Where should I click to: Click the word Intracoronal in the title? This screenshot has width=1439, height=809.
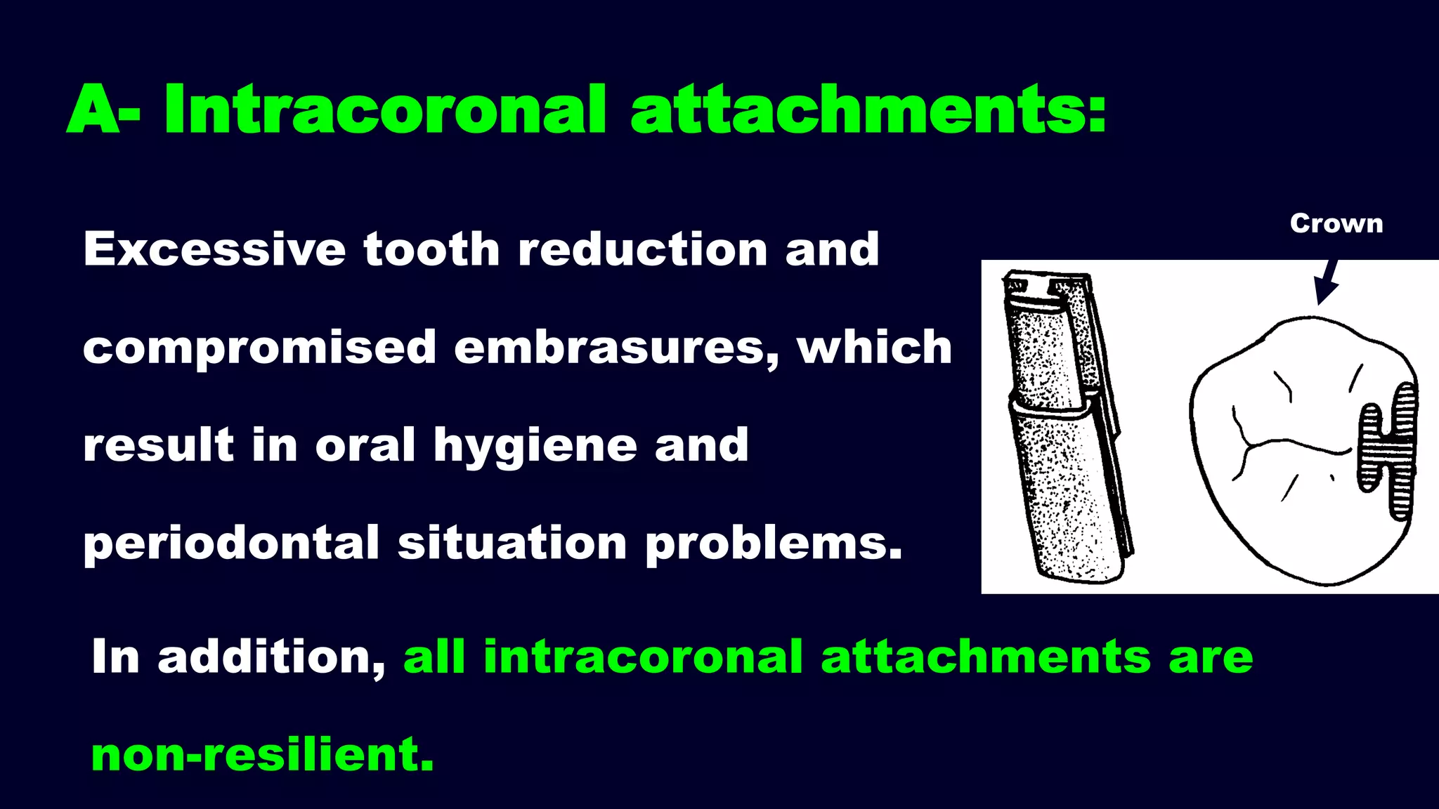384,110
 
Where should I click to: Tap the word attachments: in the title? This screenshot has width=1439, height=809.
868,110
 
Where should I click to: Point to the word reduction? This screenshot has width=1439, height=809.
642,249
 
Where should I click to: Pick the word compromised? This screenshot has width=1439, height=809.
260,348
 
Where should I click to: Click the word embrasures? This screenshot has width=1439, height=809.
616,348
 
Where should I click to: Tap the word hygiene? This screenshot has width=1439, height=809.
535,447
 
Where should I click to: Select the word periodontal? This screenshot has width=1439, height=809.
231,544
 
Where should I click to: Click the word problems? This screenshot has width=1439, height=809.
774,544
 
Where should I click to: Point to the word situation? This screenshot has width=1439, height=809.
512,544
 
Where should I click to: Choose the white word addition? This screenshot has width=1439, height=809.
271,657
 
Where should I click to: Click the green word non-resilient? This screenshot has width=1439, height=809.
262,755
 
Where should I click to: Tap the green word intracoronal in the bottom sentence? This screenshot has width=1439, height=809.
643,657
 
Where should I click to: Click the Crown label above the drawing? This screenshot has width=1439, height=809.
1336,223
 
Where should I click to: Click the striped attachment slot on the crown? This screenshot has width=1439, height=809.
1388,449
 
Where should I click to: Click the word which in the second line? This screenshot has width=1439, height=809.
874,348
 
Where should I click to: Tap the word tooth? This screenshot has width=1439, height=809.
431,249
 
